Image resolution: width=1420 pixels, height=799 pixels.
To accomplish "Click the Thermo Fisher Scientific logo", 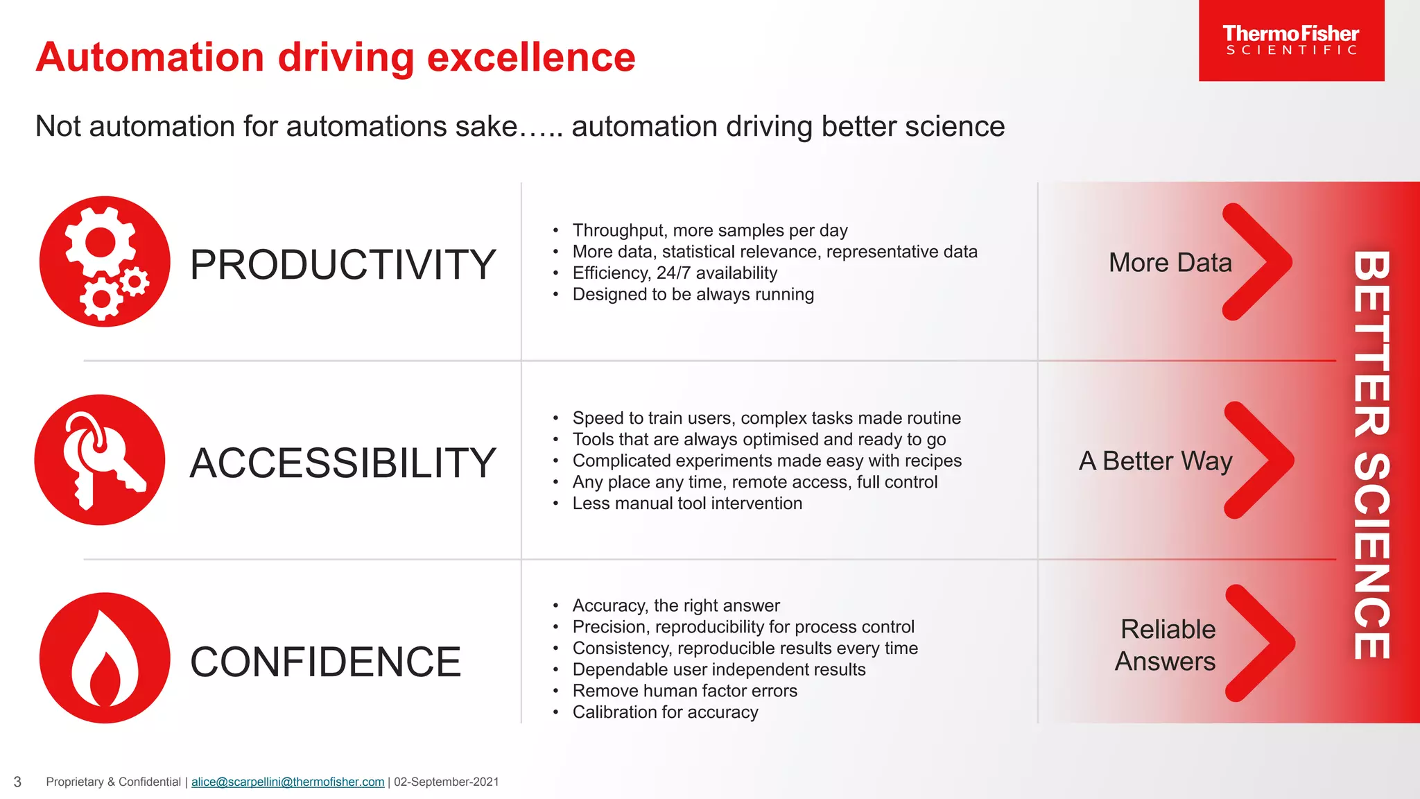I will coord(1291,40).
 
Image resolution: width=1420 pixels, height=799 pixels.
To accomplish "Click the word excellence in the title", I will coord(531,57).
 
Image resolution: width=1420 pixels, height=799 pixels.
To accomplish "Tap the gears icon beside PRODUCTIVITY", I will coord(105,261).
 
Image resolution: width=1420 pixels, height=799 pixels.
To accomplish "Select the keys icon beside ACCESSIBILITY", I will coord(100,460).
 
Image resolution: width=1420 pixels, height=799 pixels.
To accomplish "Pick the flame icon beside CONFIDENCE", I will coord(105,658).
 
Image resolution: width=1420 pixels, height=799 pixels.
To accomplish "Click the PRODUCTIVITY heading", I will coord(343,265).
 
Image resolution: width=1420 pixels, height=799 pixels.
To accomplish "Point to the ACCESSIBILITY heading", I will coord(343,463).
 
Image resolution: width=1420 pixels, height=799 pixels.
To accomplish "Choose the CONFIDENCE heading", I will coord(325,662).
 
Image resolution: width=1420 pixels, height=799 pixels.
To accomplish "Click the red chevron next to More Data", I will coord(1256,262).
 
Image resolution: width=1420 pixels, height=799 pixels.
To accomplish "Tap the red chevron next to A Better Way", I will coord(1258,460).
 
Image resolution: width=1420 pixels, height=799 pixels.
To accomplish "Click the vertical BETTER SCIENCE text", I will coord(1371,454).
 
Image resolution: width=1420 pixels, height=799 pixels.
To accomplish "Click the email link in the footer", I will coord(288,782).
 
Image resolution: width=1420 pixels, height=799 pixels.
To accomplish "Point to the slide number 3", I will coord(17,782).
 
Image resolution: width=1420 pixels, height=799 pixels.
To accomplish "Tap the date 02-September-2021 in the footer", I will coord(446,782).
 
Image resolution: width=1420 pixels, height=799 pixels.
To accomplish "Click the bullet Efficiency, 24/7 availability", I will coord(675,273).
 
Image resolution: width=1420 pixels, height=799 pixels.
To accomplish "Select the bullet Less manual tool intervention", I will coord(687,504).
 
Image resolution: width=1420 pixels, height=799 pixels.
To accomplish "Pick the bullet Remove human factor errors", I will coord(684,691).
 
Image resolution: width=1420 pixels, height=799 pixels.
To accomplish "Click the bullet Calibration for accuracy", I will coord(665,712).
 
